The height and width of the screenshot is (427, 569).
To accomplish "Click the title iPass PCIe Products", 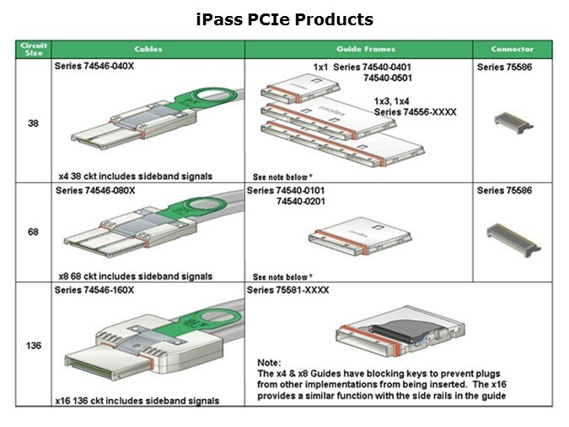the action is [285, 19].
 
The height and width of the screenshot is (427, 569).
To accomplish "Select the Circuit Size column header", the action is [34, 49].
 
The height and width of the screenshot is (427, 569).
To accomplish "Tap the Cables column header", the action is [148, 49].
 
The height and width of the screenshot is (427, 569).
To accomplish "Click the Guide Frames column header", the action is [366, 49].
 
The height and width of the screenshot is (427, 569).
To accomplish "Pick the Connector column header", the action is [513, 49].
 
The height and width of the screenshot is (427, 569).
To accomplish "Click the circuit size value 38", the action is [33, 123].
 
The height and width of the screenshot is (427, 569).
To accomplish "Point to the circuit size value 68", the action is [33, 232].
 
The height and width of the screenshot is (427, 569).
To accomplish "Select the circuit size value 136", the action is [34, 345].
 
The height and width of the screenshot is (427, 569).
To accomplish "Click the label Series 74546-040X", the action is [94, 66].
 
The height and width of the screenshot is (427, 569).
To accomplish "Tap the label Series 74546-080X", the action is [95, 191].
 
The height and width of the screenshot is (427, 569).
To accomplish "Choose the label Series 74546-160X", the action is [94, 290].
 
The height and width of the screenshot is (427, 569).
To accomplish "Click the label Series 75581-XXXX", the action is [287, 290].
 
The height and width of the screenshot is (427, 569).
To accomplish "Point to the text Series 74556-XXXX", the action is [415, 112].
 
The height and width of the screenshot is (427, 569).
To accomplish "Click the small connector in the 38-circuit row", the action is [513, 123].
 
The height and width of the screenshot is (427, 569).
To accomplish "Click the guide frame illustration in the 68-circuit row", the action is [360, 236].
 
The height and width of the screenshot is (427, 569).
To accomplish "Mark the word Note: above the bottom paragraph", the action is [269, 363].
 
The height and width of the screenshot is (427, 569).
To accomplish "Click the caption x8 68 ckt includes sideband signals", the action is [136, 276].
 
